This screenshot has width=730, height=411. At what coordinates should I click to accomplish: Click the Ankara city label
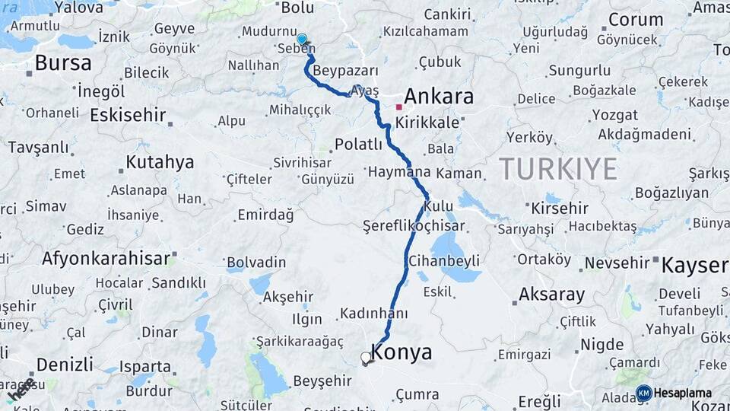coord(439,97)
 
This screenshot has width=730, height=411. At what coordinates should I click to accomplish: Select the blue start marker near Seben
coord(302,39)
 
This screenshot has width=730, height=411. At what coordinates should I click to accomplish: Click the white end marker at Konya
coord(367,357)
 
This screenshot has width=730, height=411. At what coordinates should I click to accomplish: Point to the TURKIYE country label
coord(558,169)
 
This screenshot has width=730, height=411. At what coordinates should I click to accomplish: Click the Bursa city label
coord(63,62)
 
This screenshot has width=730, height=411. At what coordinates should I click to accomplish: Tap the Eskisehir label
coord(128,116)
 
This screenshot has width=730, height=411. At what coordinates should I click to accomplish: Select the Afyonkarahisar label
coord(106,258)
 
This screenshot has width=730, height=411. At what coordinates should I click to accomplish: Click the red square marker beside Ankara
coord(398,107)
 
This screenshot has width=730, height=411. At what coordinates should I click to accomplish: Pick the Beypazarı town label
coord(335,70)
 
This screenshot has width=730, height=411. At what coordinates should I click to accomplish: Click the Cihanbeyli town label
coord(444,261)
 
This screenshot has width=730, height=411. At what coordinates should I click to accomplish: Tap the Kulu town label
coord(438,206)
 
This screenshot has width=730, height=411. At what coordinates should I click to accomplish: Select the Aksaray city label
coord(551,295)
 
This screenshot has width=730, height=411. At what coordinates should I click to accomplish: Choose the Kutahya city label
coord(159,162)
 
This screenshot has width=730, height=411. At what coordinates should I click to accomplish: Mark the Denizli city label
coord(65,363)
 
